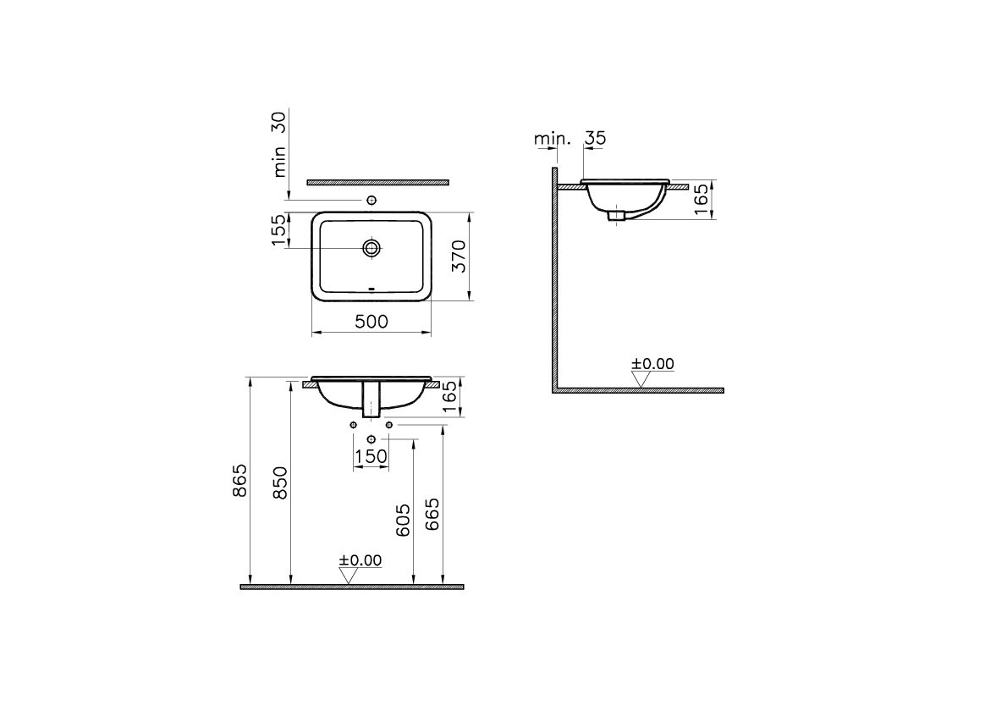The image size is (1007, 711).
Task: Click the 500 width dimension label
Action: (x=371, y=321)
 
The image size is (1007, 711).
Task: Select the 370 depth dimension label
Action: (x=459, y=256)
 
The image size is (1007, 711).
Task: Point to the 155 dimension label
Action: (x=278, y=230)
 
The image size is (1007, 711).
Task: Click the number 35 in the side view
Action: (x=596, y=138)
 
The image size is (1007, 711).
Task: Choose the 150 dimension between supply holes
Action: (x=371, y=457)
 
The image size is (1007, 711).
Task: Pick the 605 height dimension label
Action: (x=402, y=521)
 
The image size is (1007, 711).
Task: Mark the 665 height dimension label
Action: (x=432, y=514)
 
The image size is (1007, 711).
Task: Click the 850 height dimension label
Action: (x=280, y=482)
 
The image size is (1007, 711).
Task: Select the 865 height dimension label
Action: (x=239, y=481)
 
